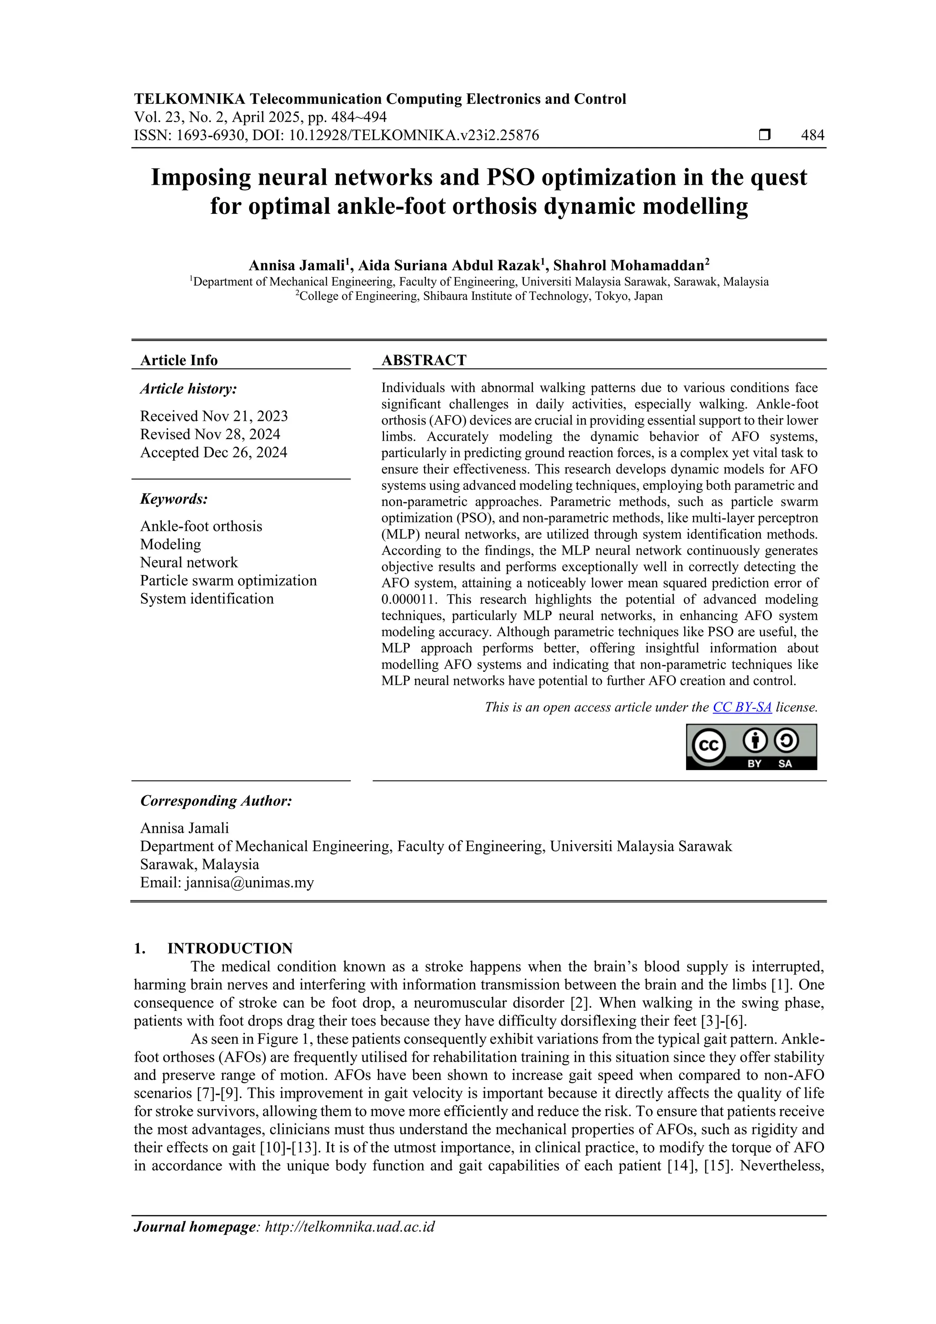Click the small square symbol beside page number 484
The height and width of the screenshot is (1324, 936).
[x=764, y=136]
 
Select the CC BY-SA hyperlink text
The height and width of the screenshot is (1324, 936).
[x=742, y=707]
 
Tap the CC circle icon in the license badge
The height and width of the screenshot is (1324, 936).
[x=707, y=746]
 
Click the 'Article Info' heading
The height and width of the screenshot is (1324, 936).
[x=179, y=361]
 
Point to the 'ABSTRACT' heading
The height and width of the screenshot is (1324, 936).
[x=424, y=361]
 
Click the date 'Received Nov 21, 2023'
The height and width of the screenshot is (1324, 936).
[x=214, y=416]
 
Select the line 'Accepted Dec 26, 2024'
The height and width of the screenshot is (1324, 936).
[x=213, y=452]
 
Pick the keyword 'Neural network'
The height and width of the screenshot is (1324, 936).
[x=189, y=562]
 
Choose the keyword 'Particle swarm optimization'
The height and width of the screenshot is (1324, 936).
[x=229, y=581]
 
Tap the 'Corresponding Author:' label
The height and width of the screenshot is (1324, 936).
[x=216, y=801]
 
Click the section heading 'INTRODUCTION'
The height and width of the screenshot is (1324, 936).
[x=229, y=949]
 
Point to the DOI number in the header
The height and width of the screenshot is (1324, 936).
[x=416, y=136]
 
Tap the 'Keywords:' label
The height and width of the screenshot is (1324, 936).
[x=174, y=499]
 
